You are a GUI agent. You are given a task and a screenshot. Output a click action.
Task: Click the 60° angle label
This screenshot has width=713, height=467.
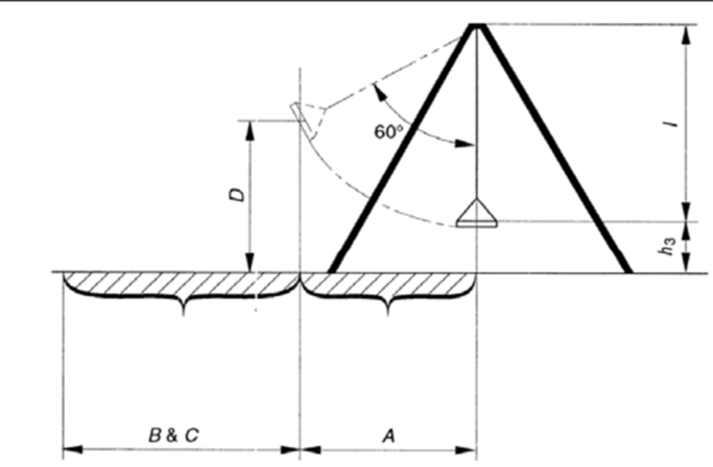click(x=389, y=131)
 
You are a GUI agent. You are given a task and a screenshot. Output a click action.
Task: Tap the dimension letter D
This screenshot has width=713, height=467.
click(x=237, y=195)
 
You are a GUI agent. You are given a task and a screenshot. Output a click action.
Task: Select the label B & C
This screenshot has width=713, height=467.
click(x=173, y=435)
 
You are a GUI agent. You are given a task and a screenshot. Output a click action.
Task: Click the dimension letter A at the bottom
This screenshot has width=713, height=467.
click(x=389, y=436)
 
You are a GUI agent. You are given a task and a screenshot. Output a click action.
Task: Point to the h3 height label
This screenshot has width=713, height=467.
click(x=668, y=245)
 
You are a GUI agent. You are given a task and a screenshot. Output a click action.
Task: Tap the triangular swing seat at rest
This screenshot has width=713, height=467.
click(x=477, y=213)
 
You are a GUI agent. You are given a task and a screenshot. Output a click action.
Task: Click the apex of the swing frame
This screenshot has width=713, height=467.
click(x=477, y=25)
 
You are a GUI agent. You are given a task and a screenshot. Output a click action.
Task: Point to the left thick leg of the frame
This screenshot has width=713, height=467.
click(x=402, y=149)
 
